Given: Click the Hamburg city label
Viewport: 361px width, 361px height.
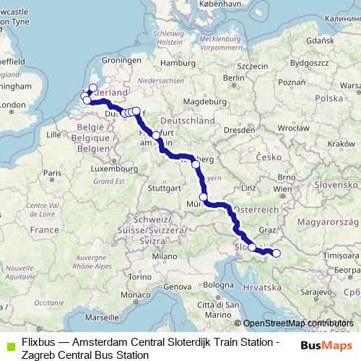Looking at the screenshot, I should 174,63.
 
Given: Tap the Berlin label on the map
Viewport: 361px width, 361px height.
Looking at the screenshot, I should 231,78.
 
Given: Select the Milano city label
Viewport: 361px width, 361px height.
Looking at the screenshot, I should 164,256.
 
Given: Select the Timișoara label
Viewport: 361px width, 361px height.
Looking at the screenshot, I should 339,255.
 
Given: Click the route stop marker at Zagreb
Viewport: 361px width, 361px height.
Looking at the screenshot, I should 276,253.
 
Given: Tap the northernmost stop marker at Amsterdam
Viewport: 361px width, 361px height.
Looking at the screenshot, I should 92,87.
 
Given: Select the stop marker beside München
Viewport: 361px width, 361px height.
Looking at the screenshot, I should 204,197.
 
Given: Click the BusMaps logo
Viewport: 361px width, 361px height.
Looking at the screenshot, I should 327,345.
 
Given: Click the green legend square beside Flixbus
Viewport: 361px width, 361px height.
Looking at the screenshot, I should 8,344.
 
